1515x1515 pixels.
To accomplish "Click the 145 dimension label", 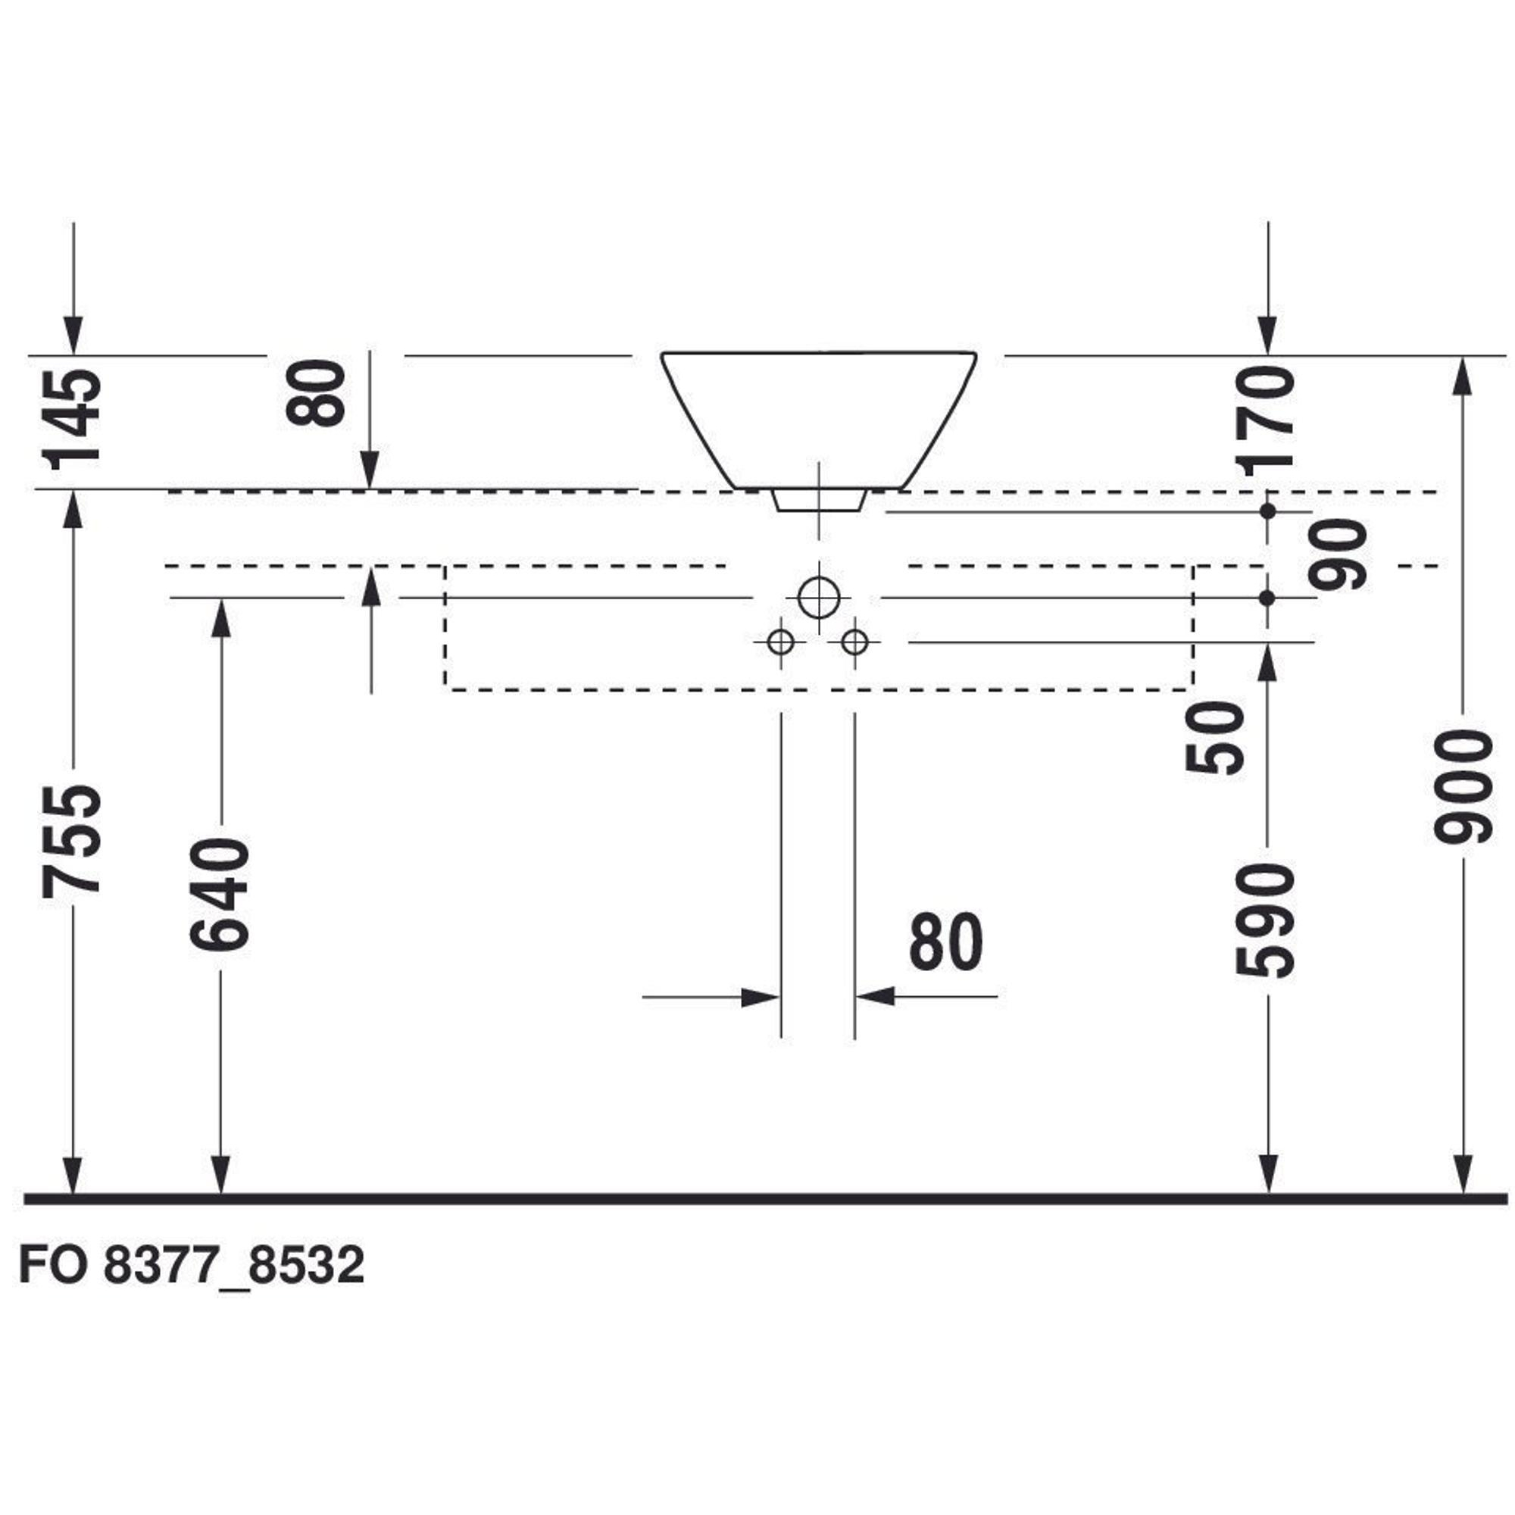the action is [73, 419].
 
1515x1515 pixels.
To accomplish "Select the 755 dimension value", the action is [71, 840].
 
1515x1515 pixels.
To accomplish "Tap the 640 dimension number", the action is [220, 894].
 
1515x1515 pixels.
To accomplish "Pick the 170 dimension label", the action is [1264, 420].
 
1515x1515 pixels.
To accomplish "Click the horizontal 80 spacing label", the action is [945, 942].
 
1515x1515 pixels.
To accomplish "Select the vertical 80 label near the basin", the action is [315, 393].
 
